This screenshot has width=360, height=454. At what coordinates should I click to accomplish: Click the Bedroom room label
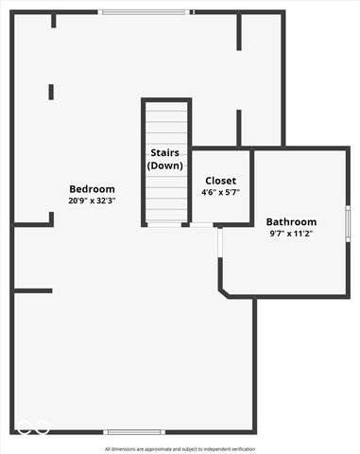[x=92, y=188]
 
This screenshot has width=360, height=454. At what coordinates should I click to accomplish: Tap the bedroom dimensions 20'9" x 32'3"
[x=92, y=201]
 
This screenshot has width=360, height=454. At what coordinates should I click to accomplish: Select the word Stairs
[x=165, y=152]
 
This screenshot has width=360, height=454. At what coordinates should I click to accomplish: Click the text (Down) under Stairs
[x=165, y=166]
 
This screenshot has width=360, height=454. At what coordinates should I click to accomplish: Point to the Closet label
[x=220, y=180]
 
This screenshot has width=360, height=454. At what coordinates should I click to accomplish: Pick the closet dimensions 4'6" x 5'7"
[x=220, y=192]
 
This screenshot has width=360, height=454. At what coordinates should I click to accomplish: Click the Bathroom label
[x=291, y=222]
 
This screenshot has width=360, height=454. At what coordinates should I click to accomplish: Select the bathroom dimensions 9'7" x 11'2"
[x=291, y=235]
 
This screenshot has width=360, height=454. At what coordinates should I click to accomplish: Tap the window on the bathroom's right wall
[x=347, y=224]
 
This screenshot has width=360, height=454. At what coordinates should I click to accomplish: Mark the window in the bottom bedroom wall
[x=134, y=432]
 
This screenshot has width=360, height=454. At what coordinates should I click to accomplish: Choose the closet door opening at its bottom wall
[x=202, y=224]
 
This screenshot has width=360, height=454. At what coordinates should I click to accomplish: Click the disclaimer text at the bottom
[x=180, y=448]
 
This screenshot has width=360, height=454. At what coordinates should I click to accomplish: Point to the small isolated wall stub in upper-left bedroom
[x=51, y=92]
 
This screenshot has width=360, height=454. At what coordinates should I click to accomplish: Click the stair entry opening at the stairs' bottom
[x=165, y=224]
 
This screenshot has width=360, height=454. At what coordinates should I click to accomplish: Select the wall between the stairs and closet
[x=191, y=184]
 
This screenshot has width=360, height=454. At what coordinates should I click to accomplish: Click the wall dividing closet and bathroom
[x=251, y=184]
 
